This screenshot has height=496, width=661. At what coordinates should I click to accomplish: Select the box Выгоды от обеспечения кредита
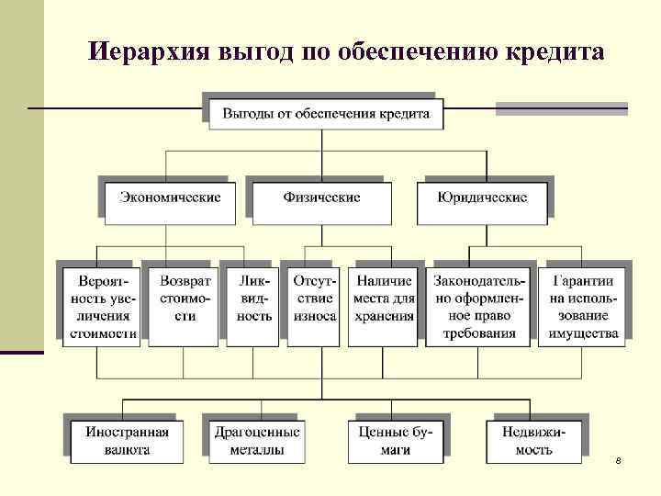click(x=319, y=115)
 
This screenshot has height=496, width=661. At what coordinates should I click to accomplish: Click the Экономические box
click(x=170, y=197)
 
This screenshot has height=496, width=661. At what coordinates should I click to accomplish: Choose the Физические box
click(x=321, y=197)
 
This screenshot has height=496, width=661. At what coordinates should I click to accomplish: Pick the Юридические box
click(x=482, y=197)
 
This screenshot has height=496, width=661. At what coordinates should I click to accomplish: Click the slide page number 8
click(x=618, y=459)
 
